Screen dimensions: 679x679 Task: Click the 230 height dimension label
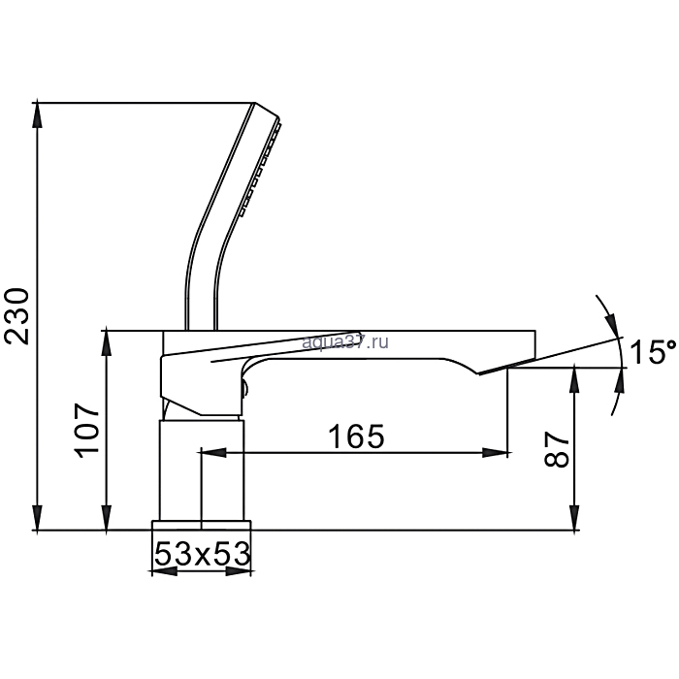[17, 315]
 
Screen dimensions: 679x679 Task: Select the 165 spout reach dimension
[356, 436]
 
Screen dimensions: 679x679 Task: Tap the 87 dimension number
[557, 449]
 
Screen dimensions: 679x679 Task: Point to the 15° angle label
[654, 351]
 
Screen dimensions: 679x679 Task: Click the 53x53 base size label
[202, 554]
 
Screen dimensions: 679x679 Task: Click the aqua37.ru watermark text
[345, 342]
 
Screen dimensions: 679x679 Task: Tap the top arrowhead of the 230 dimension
[38, 114]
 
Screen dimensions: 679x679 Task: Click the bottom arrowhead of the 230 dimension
[38, 518]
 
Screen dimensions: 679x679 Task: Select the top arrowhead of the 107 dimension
[107, 342]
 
